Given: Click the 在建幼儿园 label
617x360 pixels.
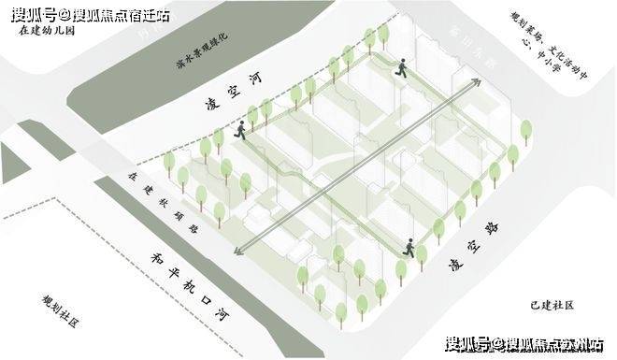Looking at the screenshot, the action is (47, 30).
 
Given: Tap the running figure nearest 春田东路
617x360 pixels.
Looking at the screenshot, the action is (400, 66).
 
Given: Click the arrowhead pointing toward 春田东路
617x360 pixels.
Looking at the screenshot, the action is (476, 82).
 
